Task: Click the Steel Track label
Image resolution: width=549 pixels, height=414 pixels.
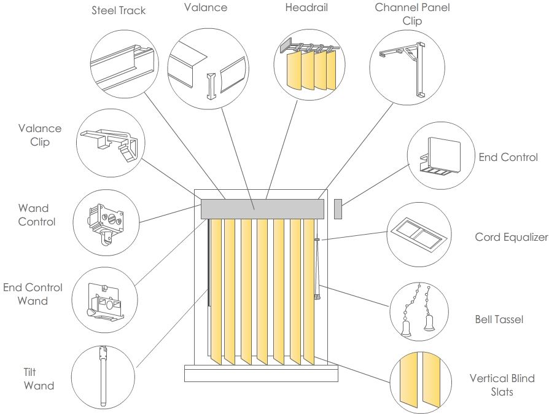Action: click(x=119, y=10)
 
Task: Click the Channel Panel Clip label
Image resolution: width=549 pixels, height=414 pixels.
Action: click(x=412, y=14)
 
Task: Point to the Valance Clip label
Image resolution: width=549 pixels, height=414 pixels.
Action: click(x=39, y=135)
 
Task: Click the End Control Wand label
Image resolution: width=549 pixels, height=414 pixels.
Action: click(x=33, y=294)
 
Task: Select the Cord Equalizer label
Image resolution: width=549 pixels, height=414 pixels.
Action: click(x=511, y=237)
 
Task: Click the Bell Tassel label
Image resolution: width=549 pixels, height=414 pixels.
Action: click(x=499, y=319)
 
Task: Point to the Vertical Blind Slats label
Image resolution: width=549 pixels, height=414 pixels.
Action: click(x=502, y=385)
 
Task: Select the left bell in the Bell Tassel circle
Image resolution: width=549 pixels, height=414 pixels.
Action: click(x=406, y=327)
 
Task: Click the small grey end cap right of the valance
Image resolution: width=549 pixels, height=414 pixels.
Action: click(x=337, y=208)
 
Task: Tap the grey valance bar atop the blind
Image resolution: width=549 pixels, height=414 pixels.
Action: click(x=263, y=208)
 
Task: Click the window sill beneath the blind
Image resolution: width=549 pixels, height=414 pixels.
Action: click(x=261, y=373)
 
